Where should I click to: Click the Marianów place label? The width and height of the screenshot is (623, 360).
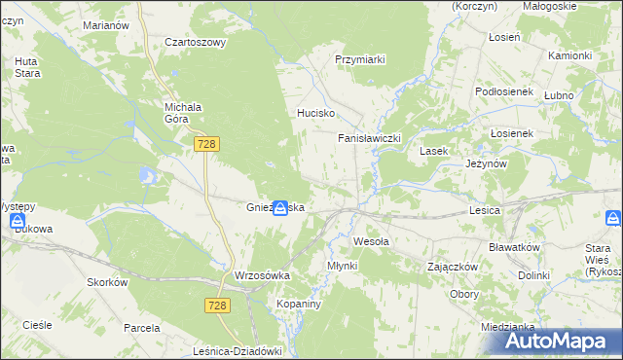click(106, 24)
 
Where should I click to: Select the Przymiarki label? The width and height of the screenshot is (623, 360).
click(360, 59)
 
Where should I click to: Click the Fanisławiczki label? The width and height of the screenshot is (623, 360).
click(369, 139)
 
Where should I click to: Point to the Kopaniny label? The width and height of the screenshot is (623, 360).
click(299, 304)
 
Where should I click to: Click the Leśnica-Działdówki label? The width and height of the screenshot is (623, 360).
click(244, 352)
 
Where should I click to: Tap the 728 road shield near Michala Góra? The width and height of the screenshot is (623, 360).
click(205, 144)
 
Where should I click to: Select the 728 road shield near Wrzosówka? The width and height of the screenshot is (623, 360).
click(218, 306)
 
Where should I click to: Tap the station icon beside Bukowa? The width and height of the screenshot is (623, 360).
click(18, 222)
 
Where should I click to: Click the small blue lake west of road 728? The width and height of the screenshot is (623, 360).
click(147, 175)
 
